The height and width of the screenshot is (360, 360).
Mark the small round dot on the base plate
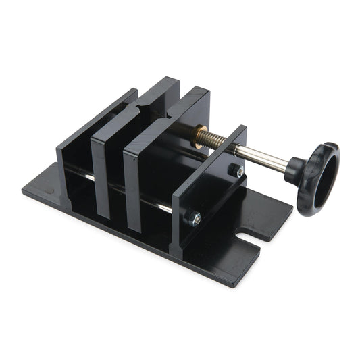49,191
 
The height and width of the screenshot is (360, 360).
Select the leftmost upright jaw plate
74,155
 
